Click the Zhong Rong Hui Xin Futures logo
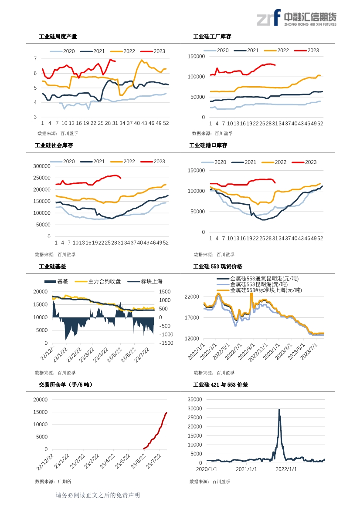[x=296, y=18]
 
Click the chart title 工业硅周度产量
[x=58, y=37]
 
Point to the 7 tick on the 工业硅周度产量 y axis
[x=35, y=59]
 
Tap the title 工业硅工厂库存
[x=212, y=37]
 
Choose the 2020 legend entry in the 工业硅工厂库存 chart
[x=216, y=51]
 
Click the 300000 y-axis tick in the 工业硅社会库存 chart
[x=42, y=166]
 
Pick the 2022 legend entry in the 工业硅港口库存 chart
[x=274, y=162]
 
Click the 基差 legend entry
[x=56, y=281]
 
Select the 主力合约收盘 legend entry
[x=98, y=281]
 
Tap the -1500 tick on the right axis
[x=166, y=343]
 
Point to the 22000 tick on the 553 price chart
[x=192, y=297]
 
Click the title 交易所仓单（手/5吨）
[x=66, y=384]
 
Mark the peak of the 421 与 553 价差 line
[x=279, y=410]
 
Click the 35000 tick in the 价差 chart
[x=195, y=400]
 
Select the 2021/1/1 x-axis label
[x=246, y=469]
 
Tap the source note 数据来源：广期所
[x=53, y=482]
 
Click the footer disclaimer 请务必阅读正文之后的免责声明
[x=98, y=496]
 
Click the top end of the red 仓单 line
[x=166, y=413]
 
